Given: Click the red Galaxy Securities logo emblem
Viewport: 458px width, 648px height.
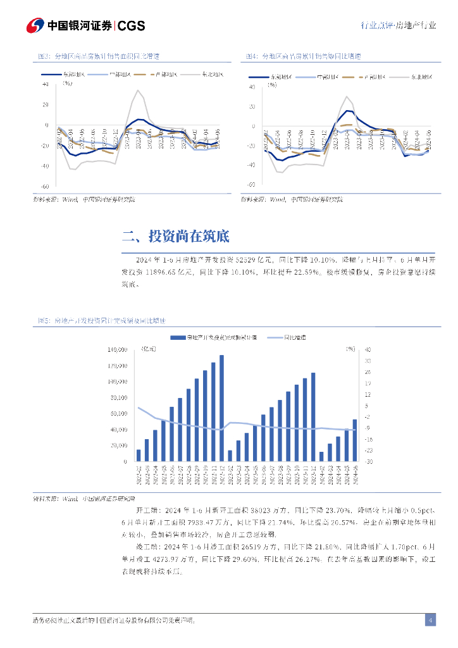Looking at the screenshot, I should (x=34, y=25).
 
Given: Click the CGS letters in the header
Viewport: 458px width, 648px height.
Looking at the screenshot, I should (x=132, y=26).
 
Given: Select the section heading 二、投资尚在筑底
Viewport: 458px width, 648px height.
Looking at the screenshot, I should (x=175, y=237).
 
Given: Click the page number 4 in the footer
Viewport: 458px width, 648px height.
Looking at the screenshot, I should (x=430, y=620).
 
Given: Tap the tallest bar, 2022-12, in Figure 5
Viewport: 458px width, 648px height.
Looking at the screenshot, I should (x=221, y=408).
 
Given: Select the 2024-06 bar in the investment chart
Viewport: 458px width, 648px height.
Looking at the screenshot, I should (x=354, y=440).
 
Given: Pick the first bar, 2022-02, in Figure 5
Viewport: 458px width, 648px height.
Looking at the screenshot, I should (x=139, y=456).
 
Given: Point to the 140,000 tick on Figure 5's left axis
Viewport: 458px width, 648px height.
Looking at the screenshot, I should (x=118, y=350).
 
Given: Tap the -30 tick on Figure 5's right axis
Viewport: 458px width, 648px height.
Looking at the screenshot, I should (x=369, y=462).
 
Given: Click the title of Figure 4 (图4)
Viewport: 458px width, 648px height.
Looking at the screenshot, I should (x=304, y=56).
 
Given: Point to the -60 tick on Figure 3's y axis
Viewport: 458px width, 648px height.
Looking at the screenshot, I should (x=45, y=187).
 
